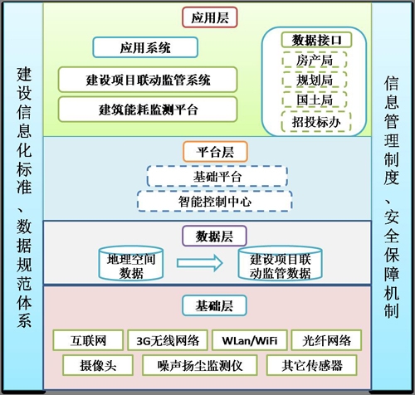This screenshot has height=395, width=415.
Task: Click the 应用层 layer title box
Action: coord(210,17)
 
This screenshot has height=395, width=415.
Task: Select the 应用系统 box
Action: coord(145,47)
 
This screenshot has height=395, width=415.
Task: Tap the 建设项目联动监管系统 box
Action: coord(148,80)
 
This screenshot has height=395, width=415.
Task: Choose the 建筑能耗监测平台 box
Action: coord(148,110)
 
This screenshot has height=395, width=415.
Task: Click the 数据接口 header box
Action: coord(316,40)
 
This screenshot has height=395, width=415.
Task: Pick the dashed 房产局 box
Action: coord(315,60)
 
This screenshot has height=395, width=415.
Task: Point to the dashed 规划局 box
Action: coord(315,80)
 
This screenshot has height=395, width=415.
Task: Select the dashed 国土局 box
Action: coord(315,100)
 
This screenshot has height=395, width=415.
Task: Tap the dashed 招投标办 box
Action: coord(316,122)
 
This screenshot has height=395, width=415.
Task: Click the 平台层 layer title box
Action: coord(215,152)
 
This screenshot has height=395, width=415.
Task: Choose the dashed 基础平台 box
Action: coord(217,177)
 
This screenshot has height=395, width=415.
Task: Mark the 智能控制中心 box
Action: coord(215,202)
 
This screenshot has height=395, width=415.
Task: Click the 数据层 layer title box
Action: coord(214,237)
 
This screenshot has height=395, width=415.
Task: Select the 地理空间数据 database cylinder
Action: coord(131,263)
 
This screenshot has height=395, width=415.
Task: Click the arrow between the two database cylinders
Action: coord(200,263)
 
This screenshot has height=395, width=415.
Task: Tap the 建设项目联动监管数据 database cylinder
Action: coord(280,263)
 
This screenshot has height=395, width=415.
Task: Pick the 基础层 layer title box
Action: coord(214,305)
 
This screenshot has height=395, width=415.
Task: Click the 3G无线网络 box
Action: coord(168,340)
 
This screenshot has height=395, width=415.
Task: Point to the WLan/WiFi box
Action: coord(250,340)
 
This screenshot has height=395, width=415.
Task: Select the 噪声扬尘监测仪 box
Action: coord(200,365)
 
